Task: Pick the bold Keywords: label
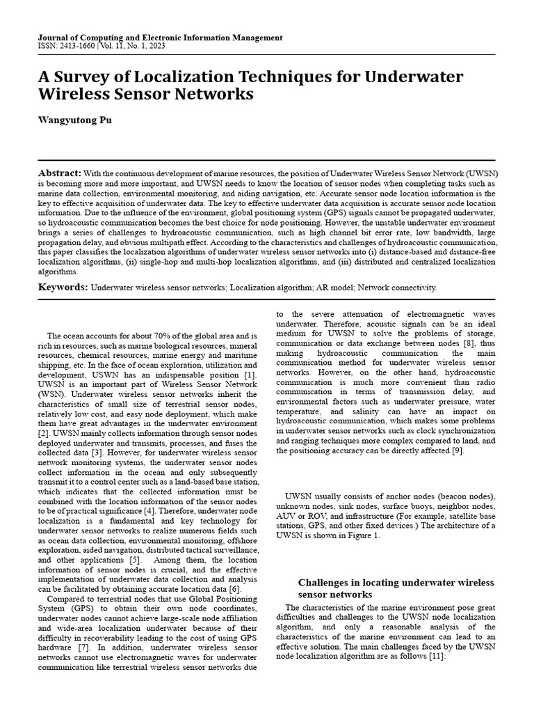click(x=63, y=287)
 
